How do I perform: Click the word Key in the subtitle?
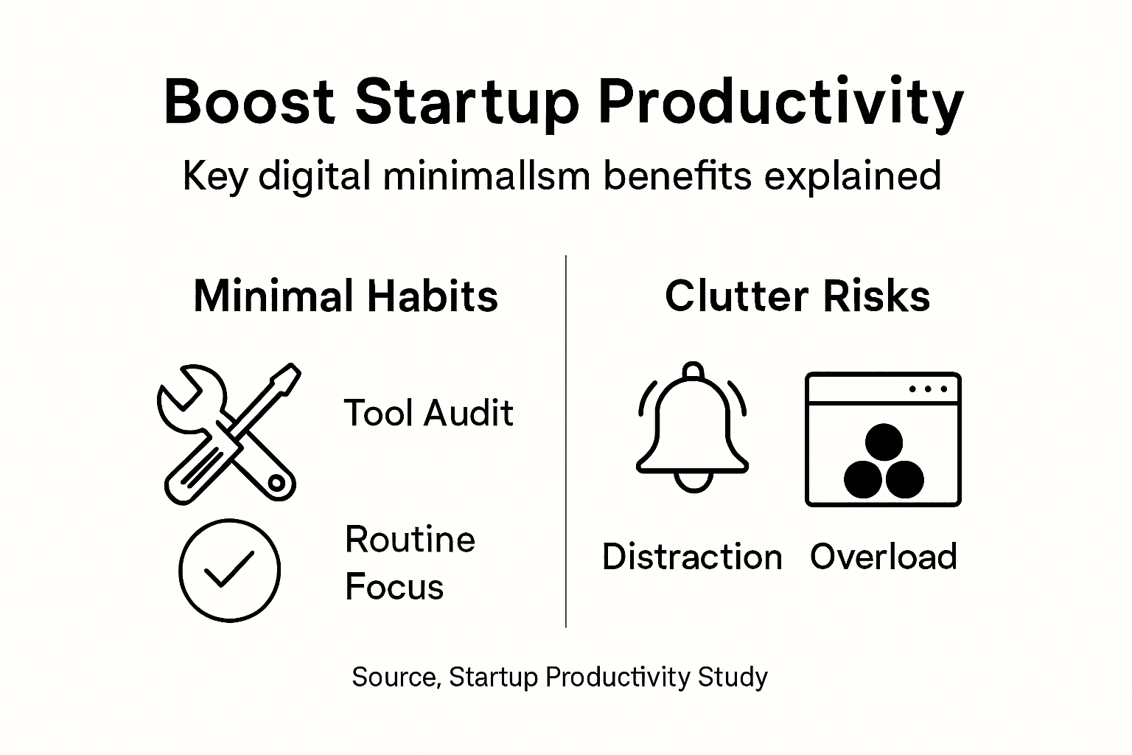point(214,178)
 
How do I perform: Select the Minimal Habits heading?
point(346,296)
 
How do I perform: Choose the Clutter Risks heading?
point(797,296)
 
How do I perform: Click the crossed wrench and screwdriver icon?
point(228,434)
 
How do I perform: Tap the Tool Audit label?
point(428,413)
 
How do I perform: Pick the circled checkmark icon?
point(229,570)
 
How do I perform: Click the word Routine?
point(410,540)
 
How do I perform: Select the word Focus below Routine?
point(394,588)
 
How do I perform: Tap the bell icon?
point(693,428)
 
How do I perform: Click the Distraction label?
point(692,557)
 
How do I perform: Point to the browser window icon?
point(883,439)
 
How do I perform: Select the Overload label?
point(883,557)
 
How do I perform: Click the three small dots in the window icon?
point(928,389)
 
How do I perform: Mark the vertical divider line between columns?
point(566,442)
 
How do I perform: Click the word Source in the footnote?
point(396,677)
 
